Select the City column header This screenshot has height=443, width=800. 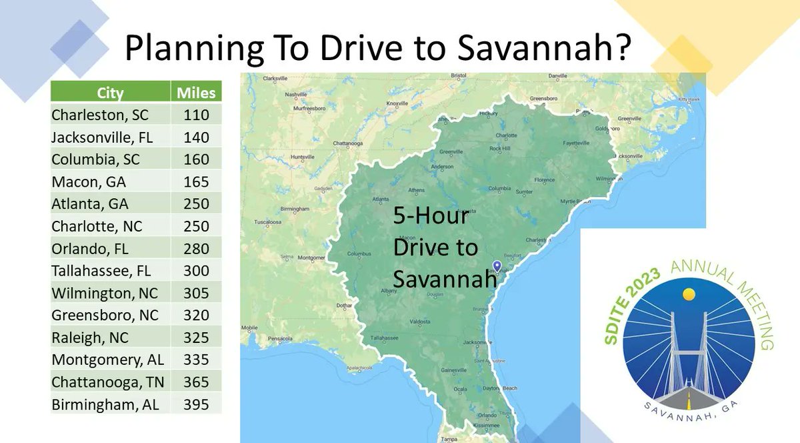tap(110, 93)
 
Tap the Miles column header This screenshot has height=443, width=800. tap(196, 93)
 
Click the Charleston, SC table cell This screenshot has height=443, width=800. tap(100, 115)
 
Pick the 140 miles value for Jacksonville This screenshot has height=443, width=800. tap(196, 137)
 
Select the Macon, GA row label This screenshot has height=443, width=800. tap(89, 181)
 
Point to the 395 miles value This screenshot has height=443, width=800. tap(196, 404)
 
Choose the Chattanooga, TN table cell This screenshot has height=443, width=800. tap(108, 382)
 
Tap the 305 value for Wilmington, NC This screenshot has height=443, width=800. tap(196, 293)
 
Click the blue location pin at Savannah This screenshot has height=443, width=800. tap(497, 266)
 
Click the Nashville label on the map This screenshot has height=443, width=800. tap(295, 94)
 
